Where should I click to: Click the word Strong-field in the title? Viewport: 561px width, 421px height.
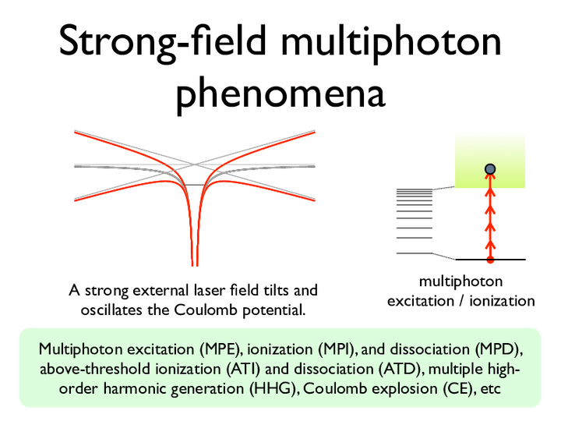pos(163,43)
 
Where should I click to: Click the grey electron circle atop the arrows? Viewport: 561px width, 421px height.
pos(490,169)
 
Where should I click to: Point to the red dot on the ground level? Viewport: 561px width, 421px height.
pos(490,260)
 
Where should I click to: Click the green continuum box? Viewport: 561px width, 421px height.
pos(490,160)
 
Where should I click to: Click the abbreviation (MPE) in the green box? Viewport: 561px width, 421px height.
pos(219,349)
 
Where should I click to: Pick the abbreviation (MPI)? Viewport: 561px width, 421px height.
pos(337,349)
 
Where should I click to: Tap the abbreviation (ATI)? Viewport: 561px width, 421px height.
pos(243,369)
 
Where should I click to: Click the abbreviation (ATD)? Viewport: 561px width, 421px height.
pos(399,369)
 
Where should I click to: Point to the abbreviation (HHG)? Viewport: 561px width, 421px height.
pos(273,388)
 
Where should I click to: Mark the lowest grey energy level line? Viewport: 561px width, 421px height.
pos(415,253)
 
